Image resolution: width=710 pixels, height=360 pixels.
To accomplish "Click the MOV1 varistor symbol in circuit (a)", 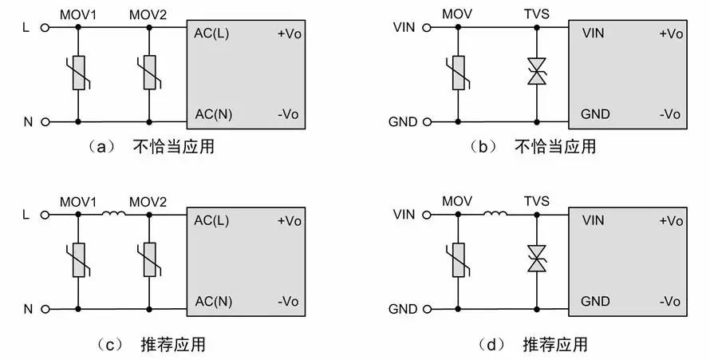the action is (78, 73).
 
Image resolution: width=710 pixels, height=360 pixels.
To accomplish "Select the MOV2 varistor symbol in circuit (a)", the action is (149, 73).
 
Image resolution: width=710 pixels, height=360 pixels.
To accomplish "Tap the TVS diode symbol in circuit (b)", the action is (537, 71).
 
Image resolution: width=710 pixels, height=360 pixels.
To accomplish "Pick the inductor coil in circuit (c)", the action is (113, 213).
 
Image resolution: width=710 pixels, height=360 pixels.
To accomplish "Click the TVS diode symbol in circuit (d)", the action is (537, 259).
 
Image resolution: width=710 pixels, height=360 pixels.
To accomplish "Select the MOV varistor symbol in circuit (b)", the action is (458, 73).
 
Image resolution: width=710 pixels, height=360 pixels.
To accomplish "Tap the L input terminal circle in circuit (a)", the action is (45, 28).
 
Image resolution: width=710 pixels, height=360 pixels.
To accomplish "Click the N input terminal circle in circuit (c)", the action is (45, 309).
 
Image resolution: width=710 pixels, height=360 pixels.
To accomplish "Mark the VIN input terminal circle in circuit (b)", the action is (427, 28).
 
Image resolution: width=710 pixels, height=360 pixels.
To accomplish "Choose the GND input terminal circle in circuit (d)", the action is (427, 309).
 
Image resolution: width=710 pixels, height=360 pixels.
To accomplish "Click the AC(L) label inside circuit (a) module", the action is (211, 34).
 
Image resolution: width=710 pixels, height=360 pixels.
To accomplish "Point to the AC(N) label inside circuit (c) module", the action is (213, 302).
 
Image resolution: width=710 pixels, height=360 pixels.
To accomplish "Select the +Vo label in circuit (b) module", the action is (671, 34).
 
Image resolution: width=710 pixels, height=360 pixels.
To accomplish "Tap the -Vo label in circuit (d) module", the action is (670, 302).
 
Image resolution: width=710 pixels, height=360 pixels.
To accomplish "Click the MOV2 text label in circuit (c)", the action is (148, 201).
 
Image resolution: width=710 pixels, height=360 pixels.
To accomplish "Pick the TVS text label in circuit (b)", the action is (537, 14).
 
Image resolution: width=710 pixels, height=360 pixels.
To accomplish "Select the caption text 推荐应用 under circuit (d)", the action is (555, 345).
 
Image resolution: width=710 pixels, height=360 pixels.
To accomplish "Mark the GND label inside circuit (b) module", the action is (595, 114).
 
